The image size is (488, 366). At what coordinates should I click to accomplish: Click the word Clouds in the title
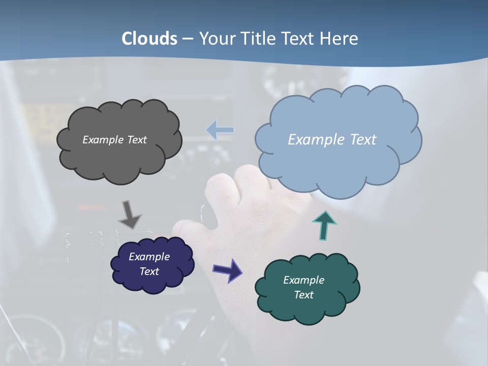149,39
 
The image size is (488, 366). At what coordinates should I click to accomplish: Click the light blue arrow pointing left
220,130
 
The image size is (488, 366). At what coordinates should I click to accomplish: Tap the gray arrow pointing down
129,215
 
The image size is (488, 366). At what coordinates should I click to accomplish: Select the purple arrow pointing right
227,270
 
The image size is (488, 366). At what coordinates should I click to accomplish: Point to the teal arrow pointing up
324,225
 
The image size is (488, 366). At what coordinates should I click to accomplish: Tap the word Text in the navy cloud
149,271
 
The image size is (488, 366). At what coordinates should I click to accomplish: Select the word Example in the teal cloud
303,280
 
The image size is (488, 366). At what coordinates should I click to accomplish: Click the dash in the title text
188,39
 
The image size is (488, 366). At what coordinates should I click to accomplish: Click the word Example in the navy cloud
149,257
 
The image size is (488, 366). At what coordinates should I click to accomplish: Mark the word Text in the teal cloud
303,295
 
